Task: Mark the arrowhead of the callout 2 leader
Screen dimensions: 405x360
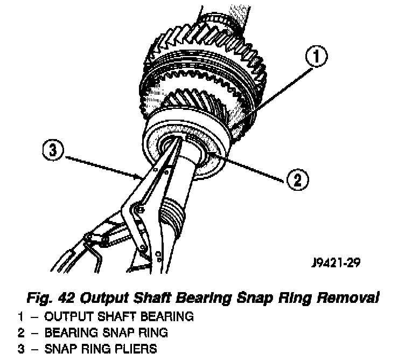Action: [x=213, y=155]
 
